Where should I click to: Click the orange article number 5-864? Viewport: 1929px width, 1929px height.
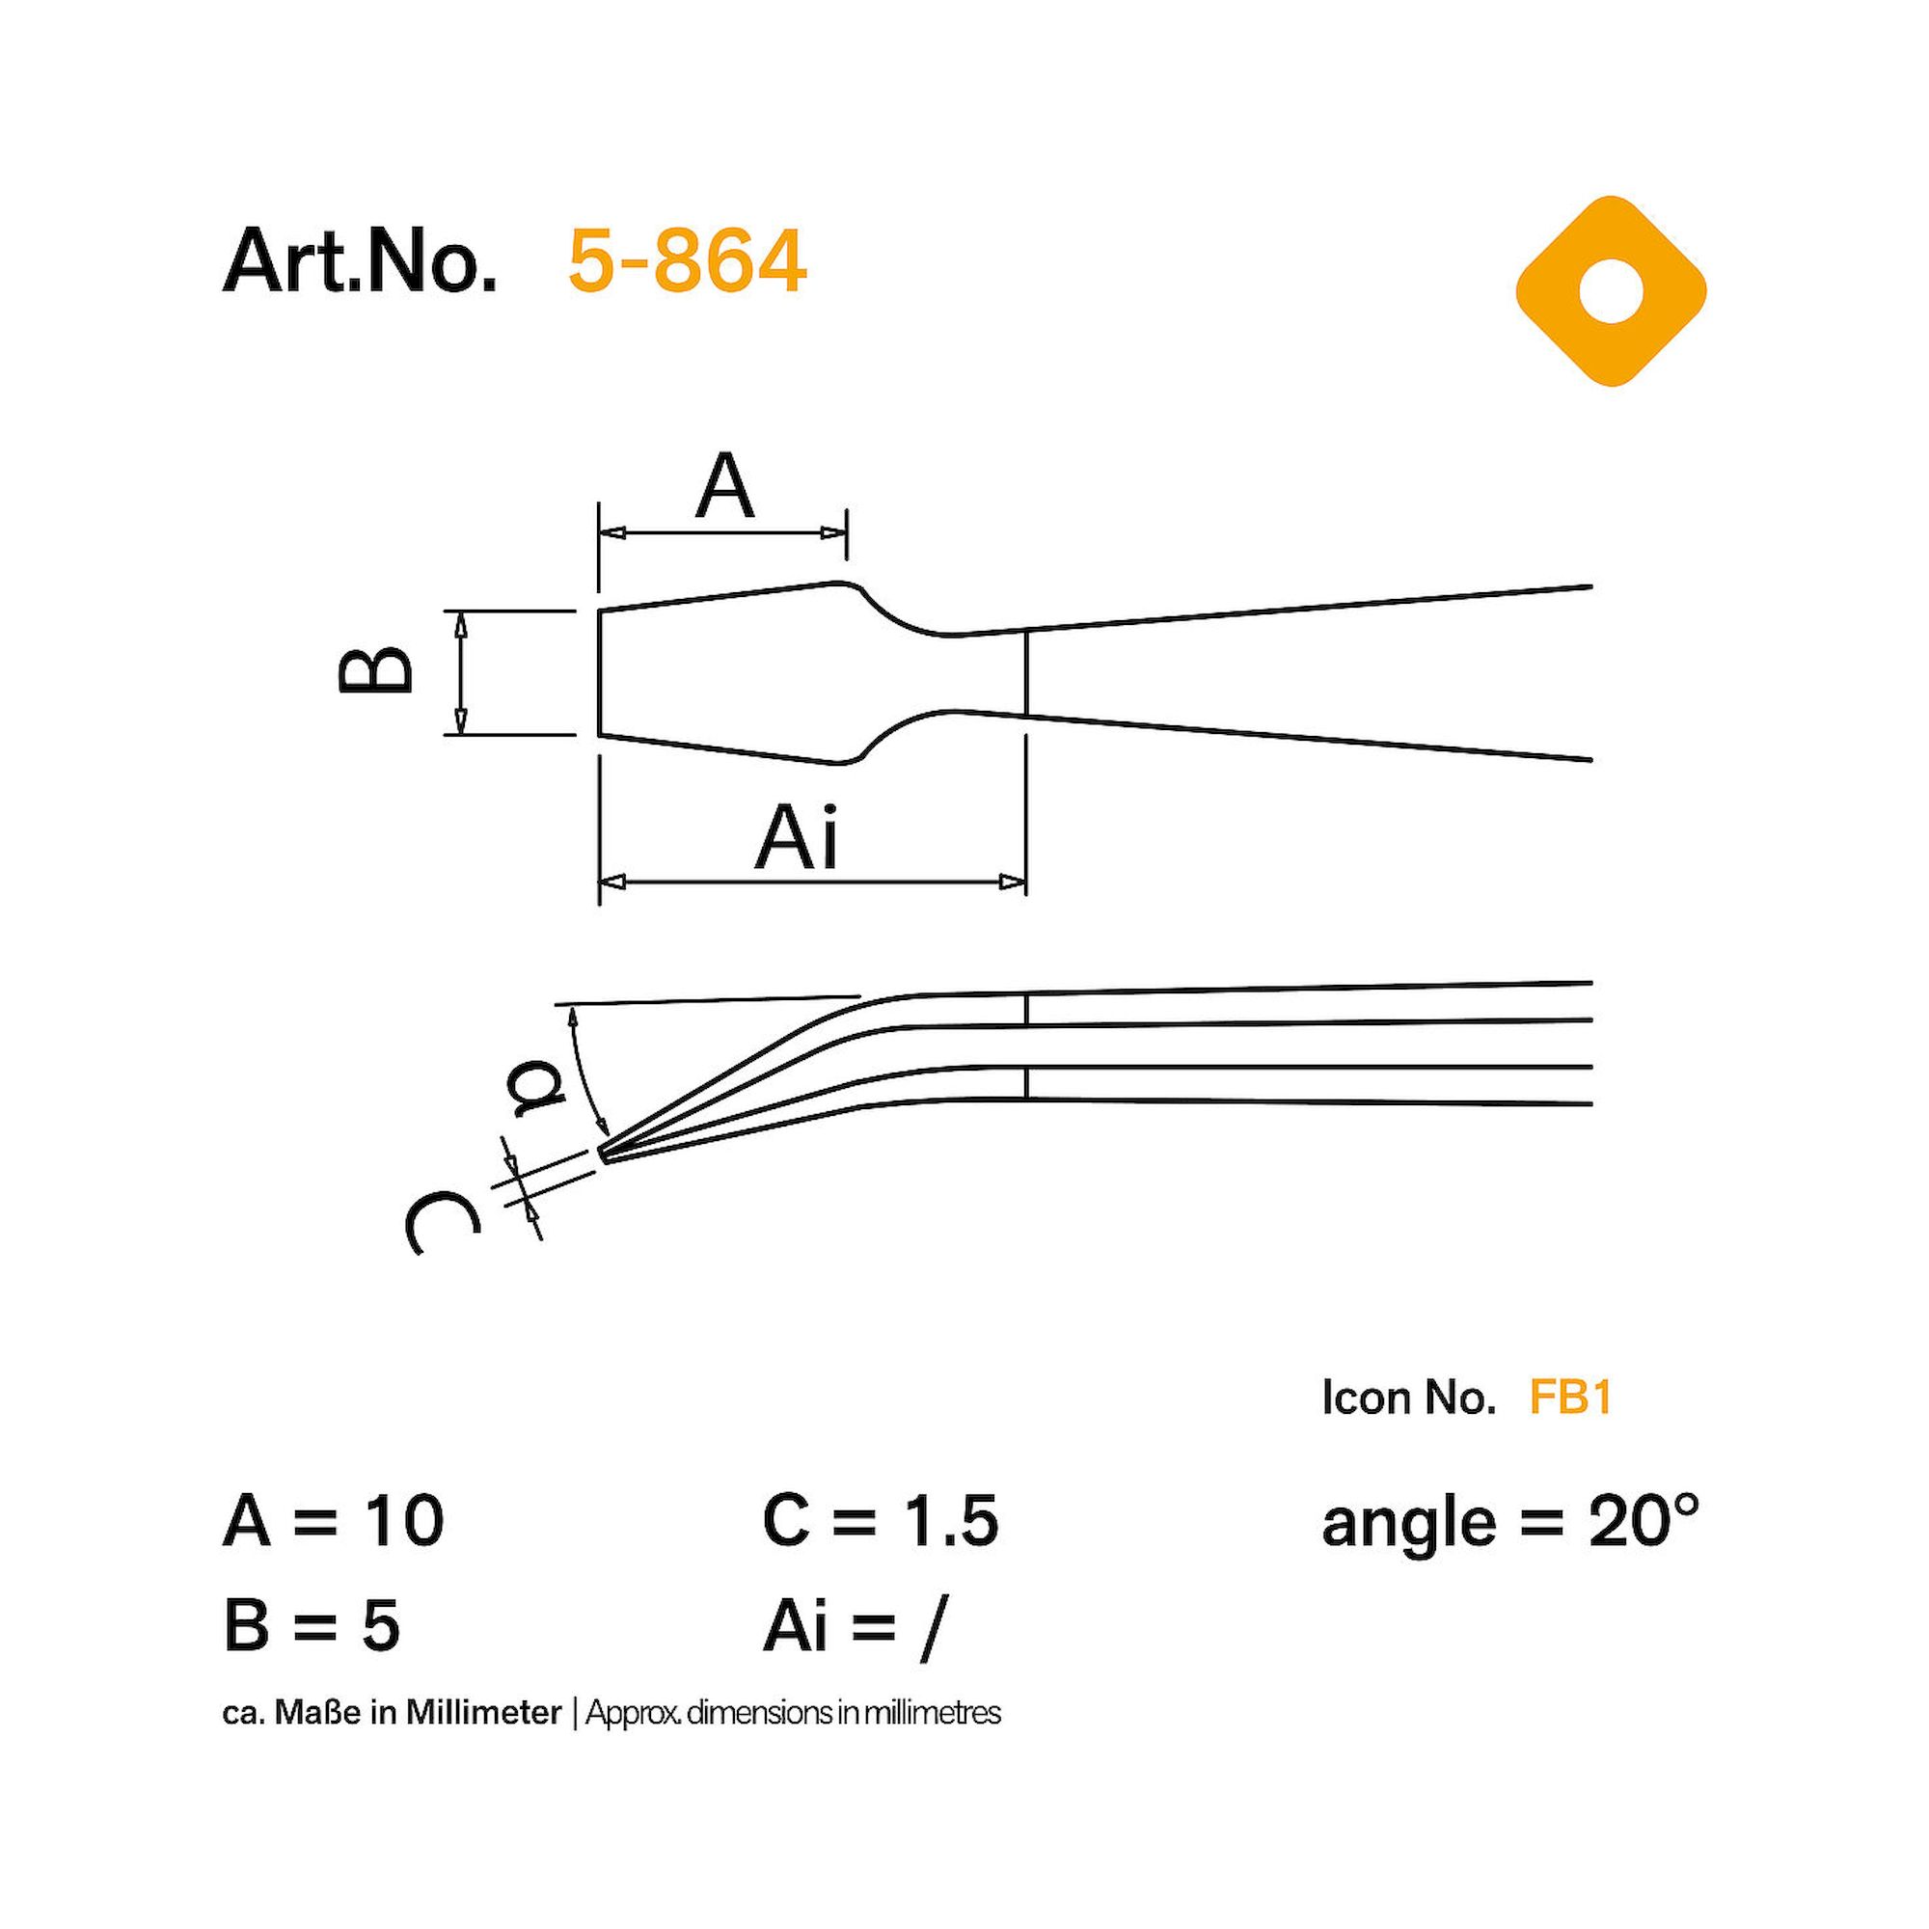point(687,261)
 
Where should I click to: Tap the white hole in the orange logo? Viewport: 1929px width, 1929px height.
point(1611,291)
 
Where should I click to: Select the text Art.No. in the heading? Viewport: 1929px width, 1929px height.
point(360,261)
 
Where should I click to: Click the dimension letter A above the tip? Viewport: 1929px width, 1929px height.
point(725,486)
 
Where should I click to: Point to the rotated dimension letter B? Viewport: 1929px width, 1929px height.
point(375,669)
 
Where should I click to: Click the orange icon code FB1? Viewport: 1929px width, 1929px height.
point(1570,1399)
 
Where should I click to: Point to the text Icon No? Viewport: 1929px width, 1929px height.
point(1409,1399)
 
